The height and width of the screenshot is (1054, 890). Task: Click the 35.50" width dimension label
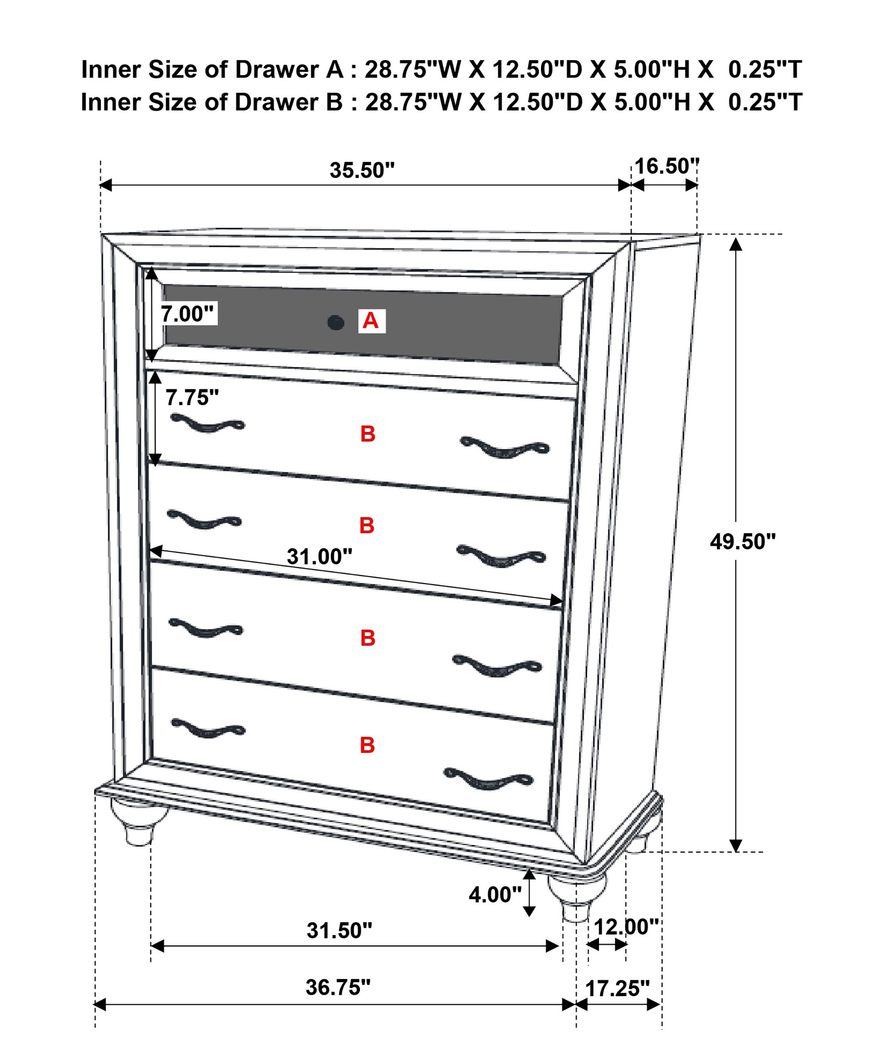click(x=362, y=170)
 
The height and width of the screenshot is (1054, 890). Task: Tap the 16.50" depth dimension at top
click(x=666, y=167)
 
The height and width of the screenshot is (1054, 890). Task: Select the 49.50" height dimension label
click(x=742, y=542)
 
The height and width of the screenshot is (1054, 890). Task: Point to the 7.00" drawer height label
click(x=187, y=314)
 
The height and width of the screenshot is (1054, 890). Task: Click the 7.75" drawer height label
click(x=192, y=398)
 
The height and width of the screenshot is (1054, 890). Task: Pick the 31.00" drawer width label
click(x=320, y=557)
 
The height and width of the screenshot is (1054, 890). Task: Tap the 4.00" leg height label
click(x=495, y=895)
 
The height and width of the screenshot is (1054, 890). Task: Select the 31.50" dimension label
click(x=339, y=931)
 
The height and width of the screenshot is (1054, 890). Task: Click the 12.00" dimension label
click(x=626, y=927)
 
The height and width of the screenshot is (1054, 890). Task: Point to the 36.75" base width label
click(x=338, y=987)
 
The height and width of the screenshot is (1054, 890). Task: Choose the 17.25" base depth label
click(x=617, y=989)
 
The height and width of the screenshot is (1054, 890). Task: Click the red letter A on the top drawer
click(x=371, y=321)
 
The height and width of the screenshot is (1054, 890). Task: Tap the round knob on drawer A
click(x=335, y=322)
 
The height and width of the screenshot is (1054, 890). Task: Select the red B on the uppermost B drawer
click(x=368, y=434)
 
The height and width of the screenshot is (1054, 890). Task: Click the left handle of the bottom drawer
click(x=208, y=728)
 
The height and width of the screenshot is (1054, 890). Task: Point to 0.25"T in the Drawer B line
click(x=765, y=102)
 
